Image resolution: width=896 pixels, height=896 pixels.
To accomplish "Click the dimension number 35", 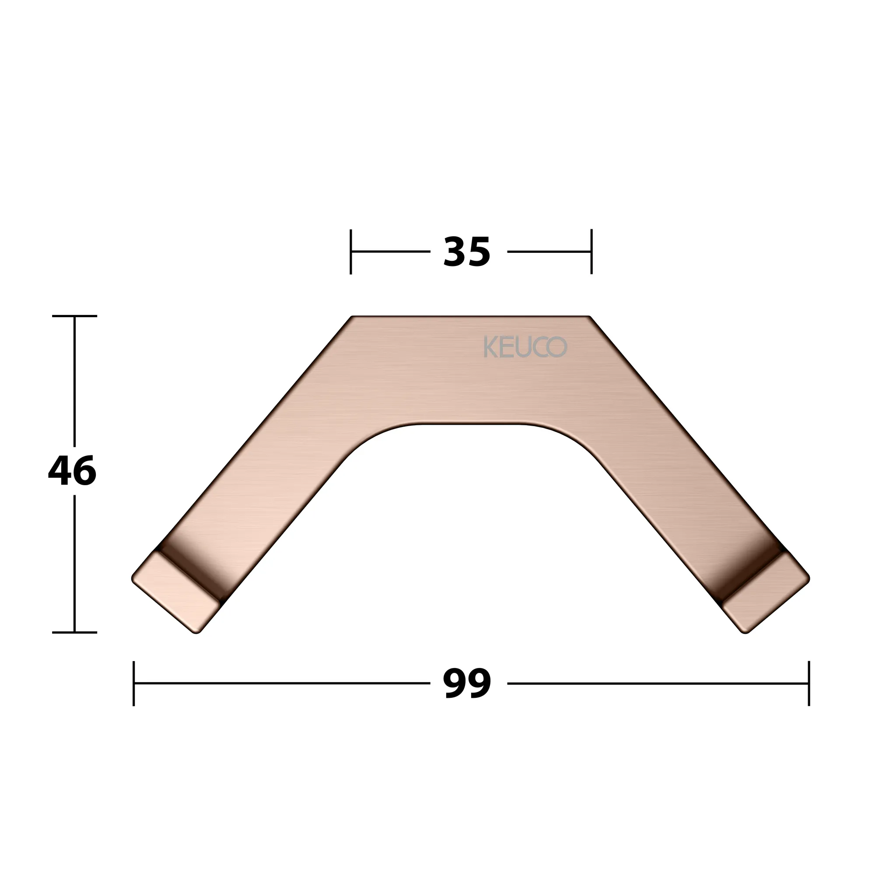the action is pos(466,252).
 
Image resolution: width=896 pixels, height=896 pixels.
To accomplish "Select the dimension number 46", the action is pos(72,471).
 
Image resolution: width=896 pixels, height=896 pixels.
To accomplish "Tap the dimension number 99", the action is pos(467,684).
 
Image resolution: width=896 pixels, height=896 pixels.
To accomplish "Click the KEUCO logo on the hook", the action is pos(525,347).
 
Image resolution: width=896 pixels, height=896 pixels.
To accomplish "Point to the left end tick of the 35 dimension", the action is pos(350,252).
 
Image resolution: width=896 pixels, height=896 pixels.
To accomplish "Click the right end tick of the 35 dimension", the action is pos(591,252).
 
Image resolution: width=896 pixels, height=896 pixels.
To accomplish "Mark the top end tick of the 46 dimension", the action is pos(75,316).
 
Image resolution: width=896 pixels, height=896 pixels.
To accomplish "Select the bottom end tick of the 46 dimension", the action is pos(75,632).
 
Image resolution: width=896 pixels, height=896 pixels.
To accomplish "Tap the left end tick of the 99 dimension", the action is pos(133,684).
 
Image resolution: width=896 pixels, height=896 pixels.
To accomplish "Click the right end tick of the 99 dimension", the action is pos(809,684).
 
